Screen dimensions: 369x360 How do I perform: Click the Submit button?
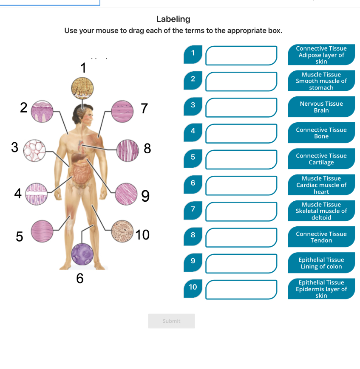point(171,321)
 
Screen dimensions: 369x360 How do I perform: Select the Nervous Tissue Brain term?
point(321,107)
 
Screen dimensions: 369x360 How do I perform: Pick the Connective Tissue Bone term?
point(321,133)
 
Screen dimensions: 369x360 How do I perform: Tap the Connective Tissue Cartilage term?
point(321,159)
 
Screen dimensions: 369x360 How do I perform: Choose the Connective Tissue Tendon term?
point(321,237)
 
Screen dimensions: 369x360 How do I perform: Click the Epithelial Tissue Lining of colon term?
point(321,263)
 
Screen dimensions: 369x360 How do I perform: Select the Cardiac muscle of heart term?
point(321,185)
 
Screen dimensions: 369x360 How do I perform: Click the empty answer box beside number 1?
point(241,56)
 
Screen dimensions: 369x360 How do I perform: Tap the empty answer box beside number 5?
point(241,159)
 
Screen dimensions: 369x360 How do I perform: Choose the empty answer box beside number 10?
point(241,289)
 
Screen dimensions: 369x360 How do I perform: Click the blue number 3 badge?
point(193,105)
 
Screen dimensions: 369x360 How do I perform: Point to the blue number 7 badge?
point(193,209)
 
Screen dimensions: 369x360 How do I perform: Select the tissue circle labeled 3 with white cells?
point(34,150)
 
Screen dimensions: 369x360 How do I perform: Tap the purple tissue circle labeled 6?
point(82,254)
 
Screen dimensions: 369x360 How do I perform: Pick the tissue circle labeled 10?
point(122,231)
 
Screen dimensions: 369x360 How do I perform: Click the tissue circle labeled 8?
point(128,150)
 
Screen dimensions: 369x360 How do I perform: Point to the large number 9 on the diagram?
point(145,196)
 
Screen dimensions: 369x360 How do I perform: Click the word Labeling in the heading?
point(173,19)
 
